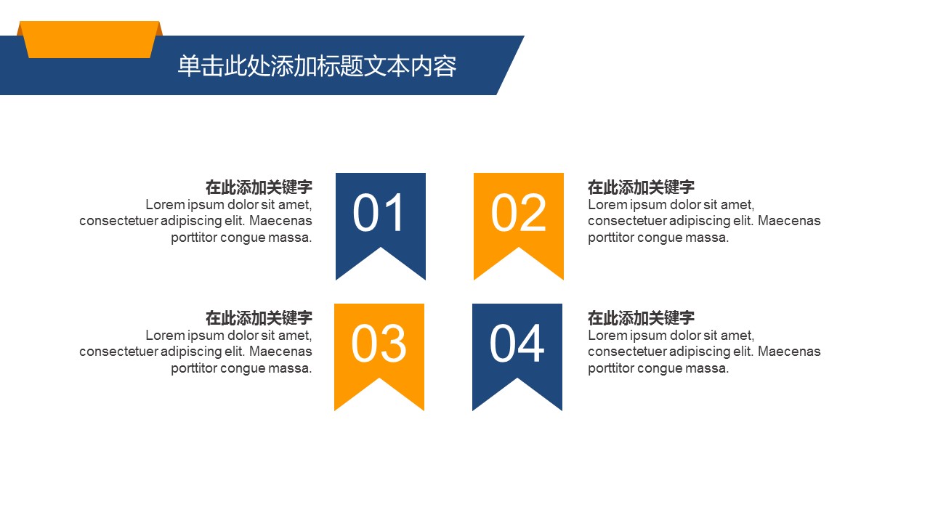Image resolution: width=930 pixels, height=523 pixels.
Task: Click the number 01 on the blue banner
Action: coord(379,213)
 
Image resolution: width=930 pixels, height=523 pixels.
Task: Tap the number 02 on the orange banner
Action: coord(518,213)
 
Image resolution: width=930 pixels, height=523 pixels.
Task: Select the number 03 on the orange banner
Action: coord(379,344)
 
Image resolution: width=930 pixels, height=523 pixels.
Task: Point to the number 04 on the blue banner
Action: coord(517,344)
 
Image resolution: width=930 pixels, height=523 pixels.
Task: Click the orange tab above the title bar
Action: coord(89,39)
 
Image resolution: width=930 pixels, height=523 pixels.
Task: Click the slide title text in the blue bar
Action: coord(318,66)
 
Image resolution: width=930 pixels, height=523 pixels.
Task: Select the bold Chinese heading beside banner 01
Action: coord(259,187)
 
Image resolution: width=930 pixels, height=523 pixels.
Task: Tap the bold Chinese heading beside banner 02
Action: coord(641,187)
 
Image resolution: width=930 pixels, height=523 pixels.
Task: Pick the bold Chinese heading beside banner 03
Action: coord(259,318)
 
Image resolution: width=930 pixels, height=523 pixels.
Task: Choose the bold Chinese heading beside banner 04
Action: coord(641,318)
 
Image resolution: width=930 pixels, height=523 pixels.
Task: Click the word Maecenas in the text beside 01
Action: coord(280,221)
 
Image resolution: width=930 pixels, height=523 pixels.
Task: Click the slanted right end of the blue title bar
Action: coord(511,65)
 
